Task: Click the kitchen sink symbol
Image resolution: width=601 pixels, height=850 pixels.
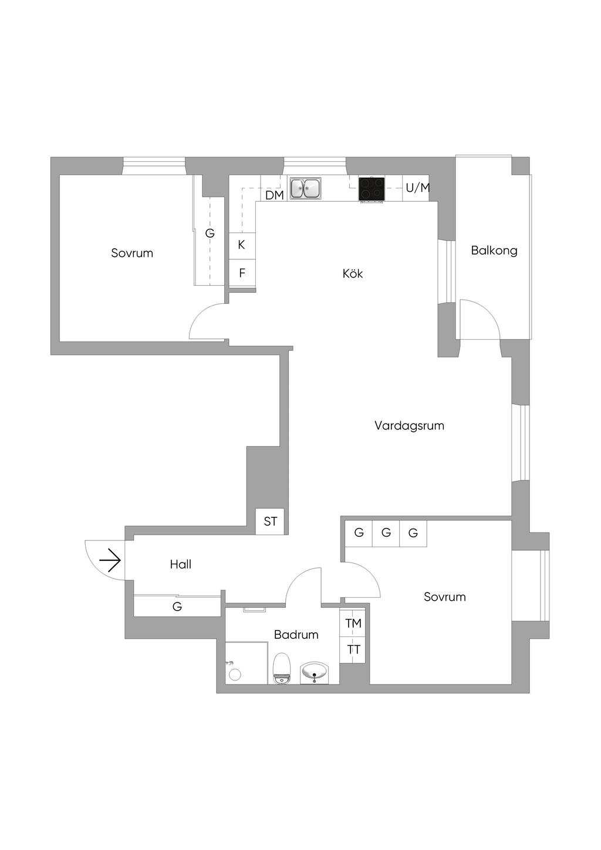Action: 305,188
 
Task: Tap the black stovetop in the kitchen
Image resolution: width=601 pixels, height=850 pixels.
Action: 372,189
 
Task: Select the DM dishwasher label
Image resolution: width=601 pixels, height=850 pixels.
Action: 274,195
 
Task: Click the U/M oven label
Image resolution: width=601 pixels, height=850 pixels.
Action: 417,188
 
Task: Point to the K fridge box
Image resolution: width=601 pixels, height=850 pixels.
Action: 242,245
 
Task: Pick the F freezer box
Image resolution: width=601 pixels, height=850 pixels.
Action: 242,273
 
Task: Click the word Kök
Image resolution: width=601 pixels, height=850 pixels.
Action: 353,273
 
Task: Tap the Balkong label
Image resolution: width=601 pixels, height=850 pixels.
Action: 494,250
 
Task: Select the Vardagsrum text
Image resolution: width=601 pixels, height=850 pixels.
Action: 409,425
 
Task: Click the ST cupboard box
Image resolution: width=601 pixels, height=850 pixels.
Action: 270,521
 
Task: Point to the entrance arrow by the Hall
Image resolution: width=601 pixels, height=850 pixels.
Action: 110,561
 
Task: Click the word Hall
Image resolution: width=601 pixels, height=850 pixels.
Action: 181,564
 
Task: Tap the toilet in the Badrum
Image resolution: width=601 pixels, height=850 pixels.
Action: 282,668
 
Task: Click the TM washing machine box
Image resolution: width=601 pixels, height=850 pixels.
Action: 353,623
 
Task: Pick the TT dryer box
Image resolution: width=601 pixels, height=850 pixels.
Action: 353,650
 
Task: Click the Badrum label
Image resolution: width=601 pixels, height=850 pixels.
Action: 296,634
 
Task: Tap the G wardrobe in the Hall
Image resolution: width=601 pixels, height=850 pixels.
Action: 177,607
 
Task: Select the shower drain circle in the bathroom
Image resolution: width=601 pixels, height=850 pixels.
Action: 235,675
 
